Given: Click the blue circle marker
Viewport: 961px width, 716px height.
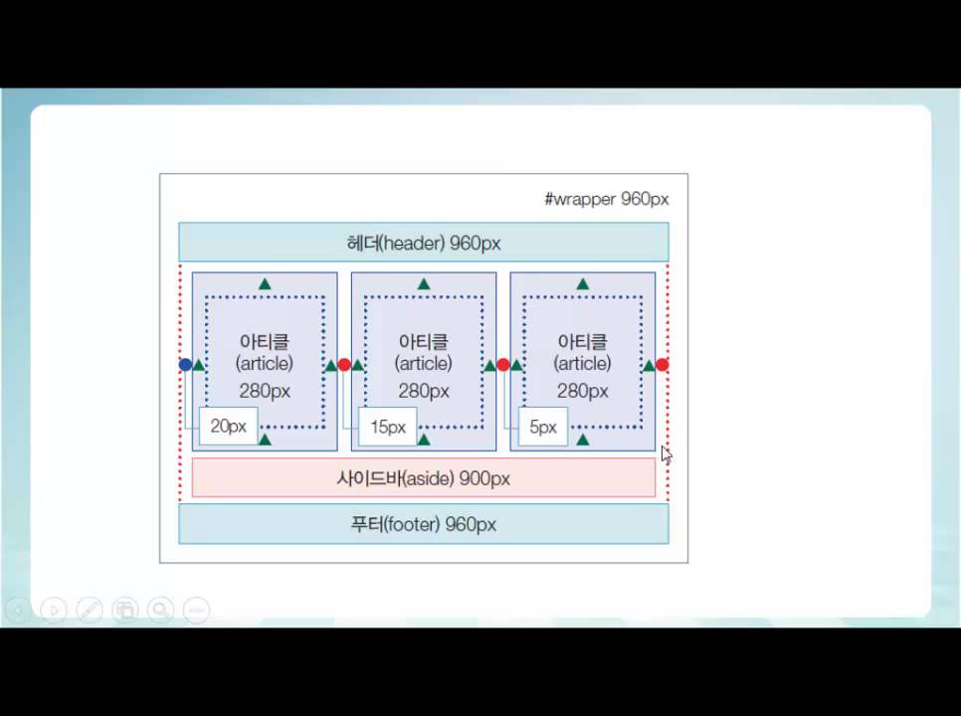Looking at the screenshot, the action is point(185,365).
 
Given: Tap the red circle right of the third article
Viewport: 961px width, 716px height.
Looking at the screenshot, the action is point(662,365).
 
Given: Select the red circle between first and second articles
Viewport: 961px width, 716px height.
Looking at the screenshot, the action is point(344,365).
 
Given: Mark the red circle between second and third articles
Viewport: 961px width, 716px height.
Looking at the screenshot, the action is point(503,365).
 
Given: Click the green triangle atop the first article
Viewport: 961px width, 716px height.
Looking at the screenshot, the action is point(265,284).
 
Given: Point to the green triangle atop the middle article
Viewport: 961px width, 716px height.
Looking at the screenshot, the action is point(424,284).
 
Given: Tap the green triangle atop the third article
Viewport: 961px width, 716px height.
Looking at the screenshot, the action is point(583,284).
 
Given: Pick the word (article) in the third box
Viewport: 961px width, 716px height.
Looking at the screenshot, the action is point(582,363).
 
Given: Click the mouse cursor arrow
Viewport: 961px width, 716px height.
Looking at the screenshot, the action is point(667,454).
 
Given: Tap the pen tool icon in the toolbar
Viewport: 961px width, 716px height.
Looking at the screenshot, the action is point(90,610).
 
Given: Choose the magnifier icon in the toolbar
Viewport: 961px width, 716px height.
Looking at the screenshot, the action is point(160,610).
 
